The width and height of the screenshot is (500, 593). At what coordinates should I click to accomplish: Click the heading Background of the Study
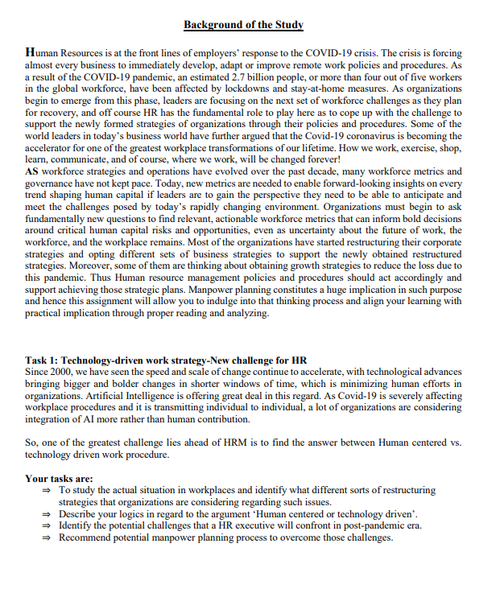click(x=243, y=25)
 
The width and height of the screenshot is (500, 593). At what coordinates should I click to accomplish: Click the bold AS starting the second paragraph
click(x=32, y=171)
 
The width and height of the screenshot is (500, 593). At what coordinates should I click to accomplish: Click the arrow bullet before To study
click(x=47, y=490)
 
